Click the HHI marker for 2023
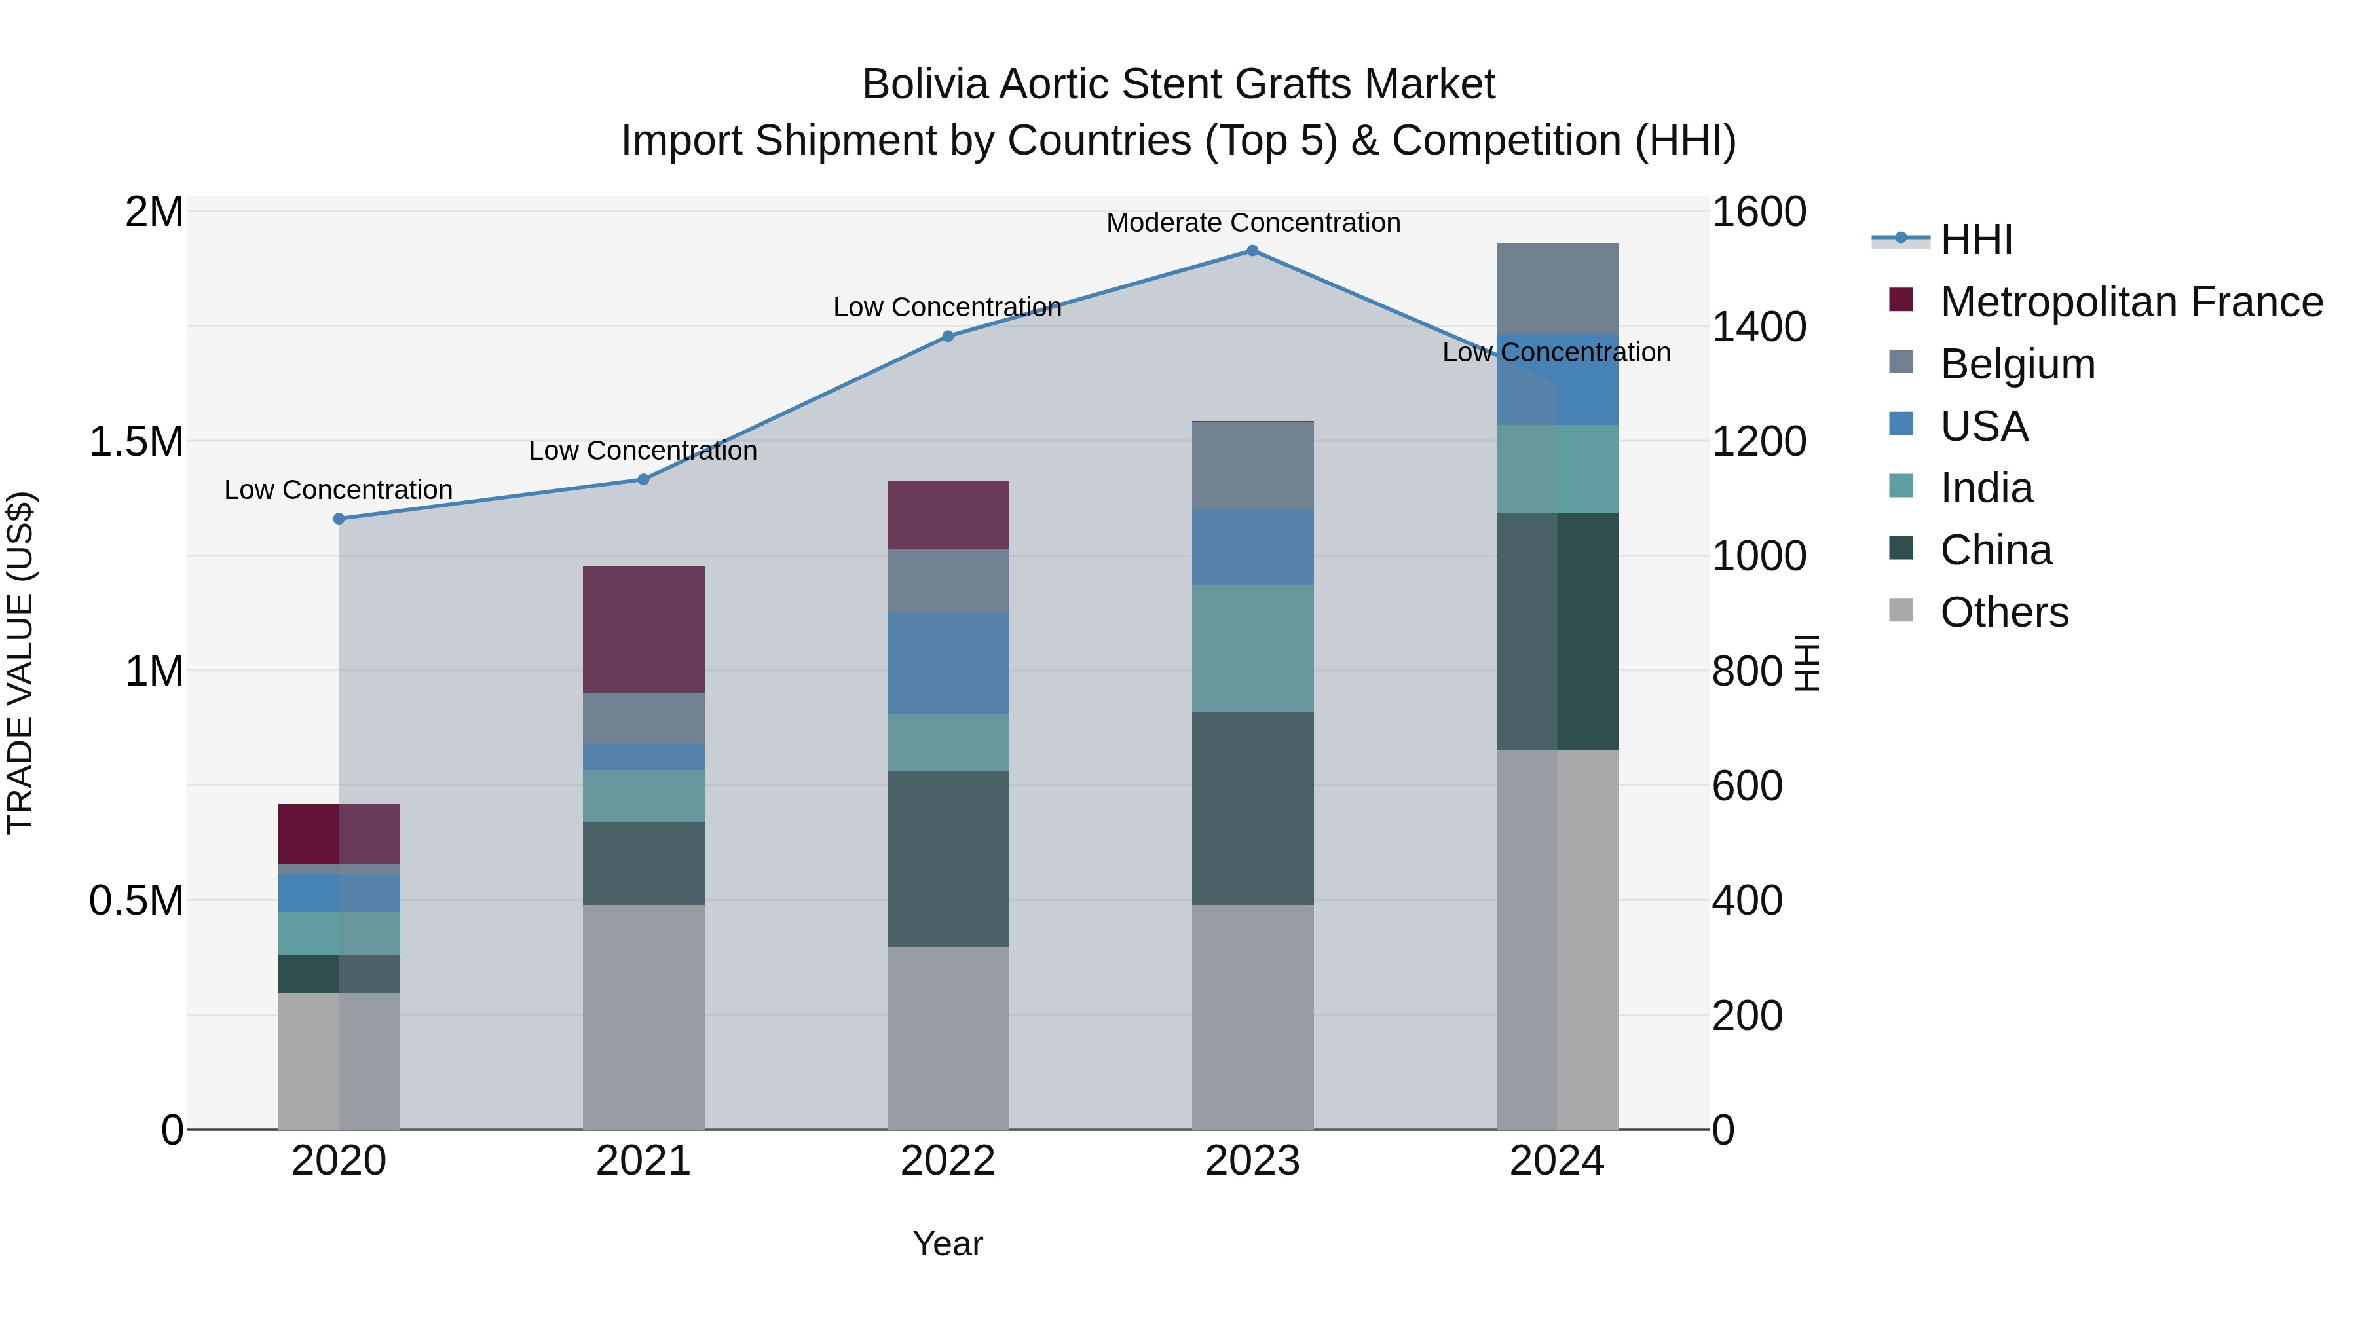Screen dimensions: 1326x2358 click(1252, 251)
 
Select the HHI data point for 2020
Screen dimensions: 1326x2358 click(339, 519)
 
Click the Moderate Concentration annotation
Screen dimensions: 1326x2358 click(1253, 223)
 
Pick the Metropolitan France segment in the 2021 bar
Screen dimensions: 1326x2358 click(643, 629)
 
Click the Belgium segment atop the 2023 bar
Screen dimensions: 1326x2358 click(1252, 465)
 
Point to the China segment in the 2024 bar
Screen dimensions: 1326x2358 click(1557, 631)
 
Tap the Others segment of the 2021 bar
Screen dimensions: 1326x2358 click(643, 1016)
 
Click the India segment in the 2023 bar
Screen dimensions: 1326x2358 click(1252, 649)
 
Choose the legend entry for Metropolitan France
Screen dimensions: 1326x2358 click(2130, 302)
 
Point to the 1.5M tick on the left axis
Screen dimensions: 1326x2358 click(136, 442)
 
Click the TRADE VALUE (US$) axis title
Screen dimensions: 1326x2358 click(20, 663)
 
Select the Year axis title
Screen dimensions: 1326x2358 click(947, 1243)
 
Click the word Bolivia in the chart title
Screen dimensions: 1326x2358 click(926, 84)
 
